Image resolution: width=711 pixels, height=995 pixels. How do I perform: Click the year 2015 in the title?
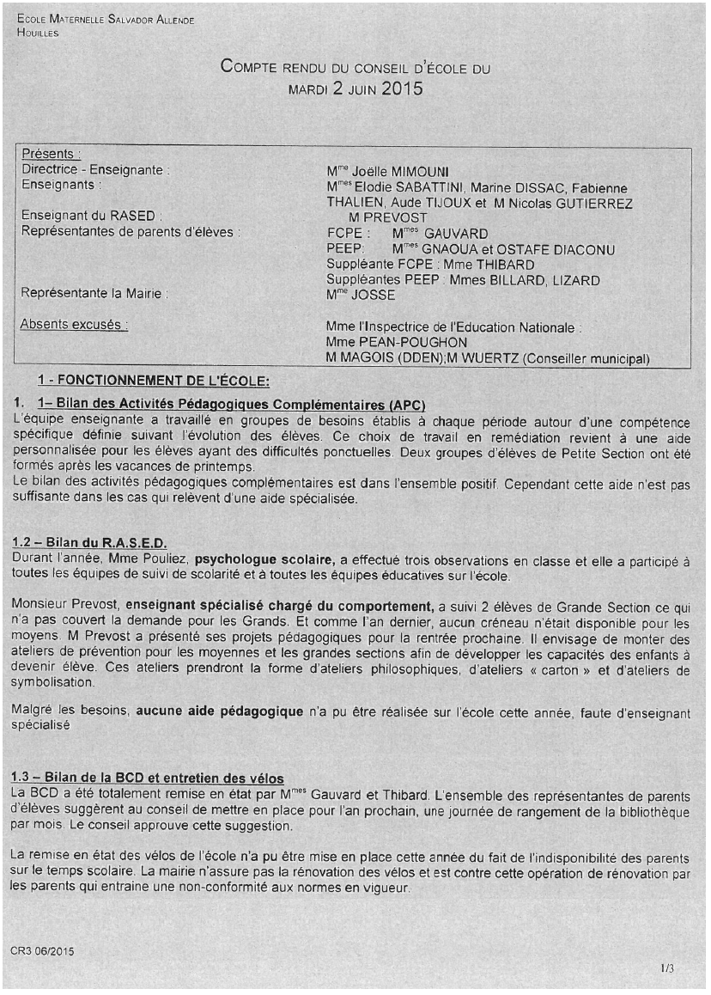pos(402,88)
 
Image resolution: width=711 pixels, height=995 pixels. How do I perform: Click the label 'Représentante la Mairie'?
pos(94,294)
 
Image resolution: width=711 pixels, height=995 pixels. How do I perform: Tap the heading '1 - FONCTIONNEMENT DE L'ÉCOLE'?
pos(154,381)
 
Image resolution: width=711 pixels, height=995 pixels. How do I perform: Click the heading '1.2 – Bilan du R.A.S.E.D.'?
pos(88,542)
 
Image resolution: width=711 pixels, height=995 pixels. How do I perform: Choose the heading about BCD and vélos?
pos(148,778)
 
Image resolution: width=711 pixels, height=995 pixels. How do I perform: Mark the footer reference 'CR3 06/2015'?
pos(43,952)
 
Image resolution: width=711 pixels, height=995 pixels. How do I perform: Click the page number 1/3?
pos(667,969)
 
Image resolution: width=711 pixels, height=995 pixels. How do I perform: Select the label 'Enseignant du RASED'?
pos(92,217)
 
